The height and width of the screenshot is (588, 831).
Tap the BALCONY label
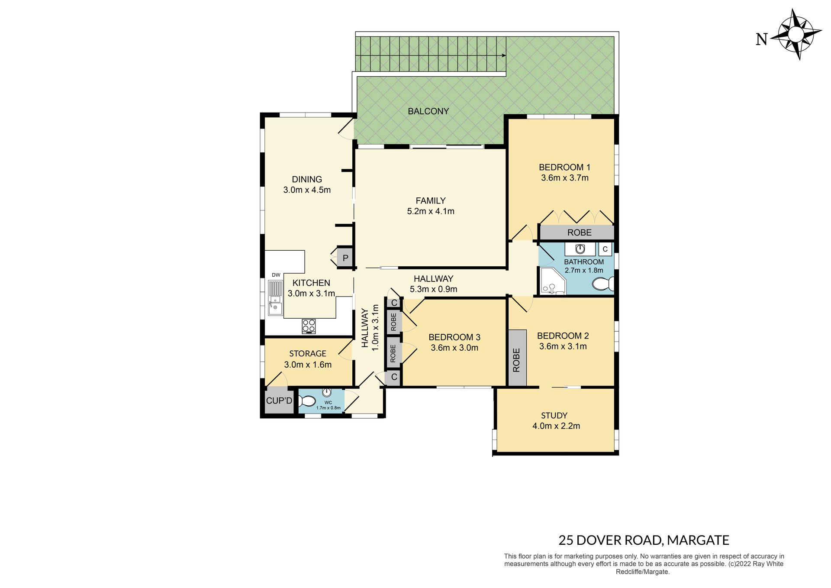tap(428, 111)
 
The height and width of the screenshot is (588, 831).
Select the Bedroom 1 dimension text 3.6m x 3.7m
tap(564, 178)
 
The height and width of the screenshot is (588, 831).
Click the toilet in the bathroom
tap(603, 284)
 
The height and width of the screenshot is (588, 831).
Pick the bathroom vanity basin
tap(580, 249)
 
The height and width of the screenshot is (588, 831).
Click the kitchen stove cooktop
tap(309, 326)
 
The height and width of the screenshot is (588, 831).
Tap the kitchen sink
tap(274, 297)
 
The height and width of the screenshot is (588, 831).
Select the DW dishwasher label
tap(276, 275)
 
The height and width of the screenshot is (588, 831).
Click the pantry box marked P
tap(345, 258)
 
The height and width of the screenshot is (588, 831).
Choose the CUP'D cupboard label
tap(279, 401)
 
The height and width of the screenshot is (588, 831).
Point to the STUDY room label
tap(554, 415)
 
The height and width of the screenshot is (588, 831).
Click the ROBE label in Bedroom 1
tap(579, 233)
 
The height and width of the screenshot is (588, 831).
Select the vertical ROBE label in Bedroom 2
tap(516, 360)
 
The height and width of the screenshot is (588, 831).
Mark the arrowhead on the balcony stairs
tap(503, 55)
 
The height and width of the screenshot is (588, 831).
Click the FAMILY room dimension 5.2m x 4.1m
tap(431, 211)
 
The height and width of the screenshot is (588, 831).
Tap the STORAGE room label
tap(308, 354)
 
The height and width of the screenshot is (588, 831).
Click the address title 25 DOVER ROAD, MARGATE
tap(644, 540)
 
